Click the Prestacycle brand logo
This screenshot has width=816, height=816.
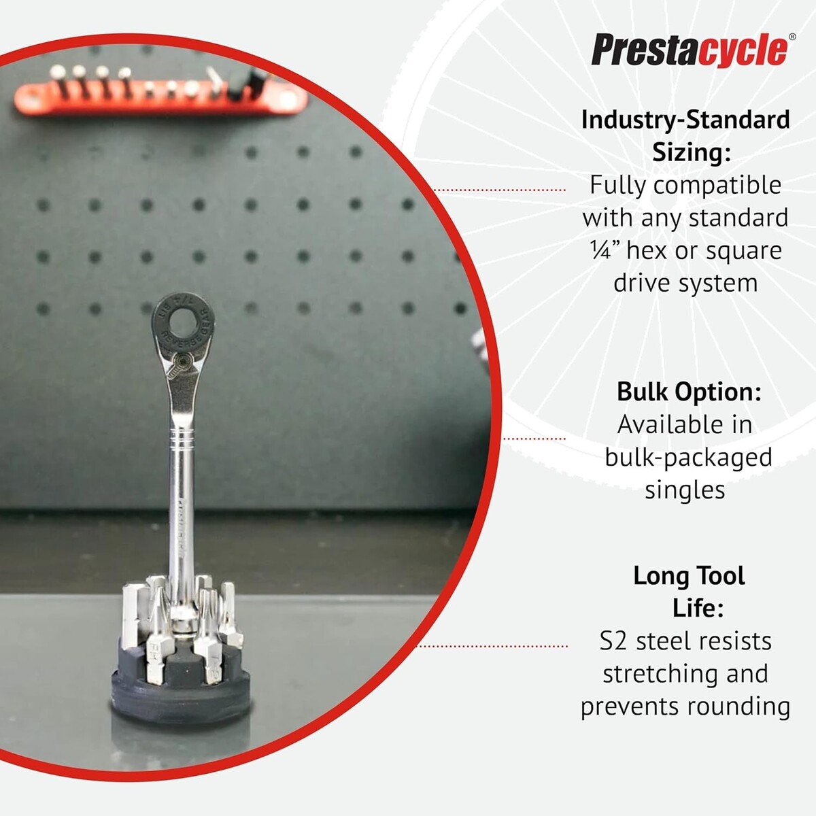[x=690, y=50]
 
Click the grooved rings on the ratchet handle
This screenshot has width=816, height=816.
[x=183, y=439]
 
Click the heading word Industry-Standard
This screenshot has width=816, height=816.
[x=685, y=120]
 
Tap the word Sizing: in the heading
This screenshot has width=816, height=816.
[x=692, y=152]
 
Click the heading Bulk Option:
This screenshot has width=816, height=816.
[x=689, y=392]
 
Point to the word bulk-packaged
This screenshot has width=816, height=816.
[x=689, y=458]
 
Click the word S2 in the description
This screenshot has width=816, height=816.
[x=613, y=641]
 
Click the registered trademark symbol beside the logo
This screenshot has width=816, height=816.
[x=792, y=37]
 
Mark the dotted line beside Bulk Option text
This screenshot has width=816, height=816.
[x=534, y=439]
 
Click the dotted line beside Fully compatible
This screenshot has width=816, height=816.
[x=500, y=190]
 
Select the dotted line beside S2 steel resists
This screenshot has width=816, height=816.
[x=492, y=646]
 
